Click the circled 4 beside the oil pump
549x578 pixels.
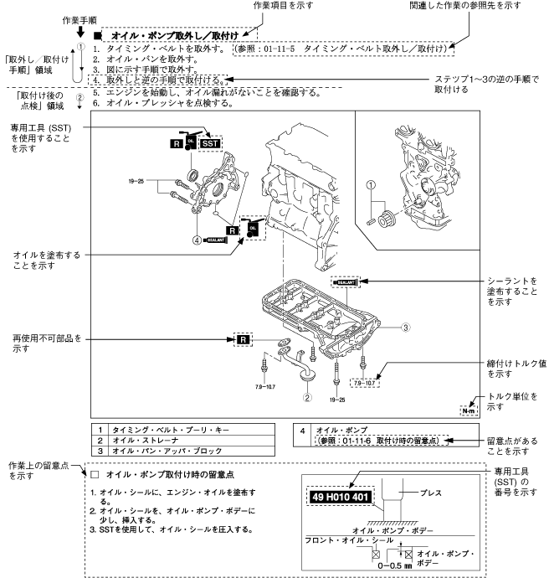[x=198, y=239]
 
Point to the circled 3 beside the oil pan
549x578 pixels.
[x=404, y=327]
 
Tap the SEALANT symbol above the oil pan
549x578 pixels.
[x=345, y=282]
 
